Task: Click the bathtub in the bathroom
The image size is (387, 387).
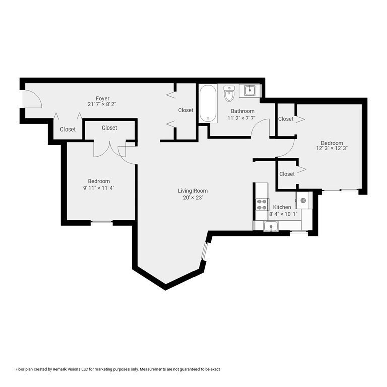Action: (207, 104)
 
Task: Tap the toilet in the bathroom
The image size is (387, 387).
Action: (229, 93)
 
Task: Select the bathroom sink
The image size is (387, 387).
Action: (249, 91)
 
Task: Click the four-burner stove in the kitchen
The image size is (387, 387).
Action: (262, 204)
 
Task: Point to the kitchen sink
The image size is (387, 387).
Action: (272, 226)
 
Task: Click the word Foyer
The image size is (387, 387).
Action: (103, 98)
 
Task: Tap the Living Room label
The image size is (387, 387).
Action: (192, 191)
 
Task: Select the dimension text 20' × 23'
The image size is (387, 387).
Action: (192, 198)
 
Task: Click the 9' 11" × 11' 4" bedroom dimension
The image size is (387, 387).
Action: (99, 188)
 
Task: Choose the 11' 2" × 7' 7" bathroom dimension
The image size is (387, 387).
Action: (242, 118)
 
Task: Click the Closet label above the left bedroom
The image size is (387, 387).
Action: (109, 128)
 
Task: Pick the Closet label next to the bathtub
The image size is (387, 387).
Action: (186, 110)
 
